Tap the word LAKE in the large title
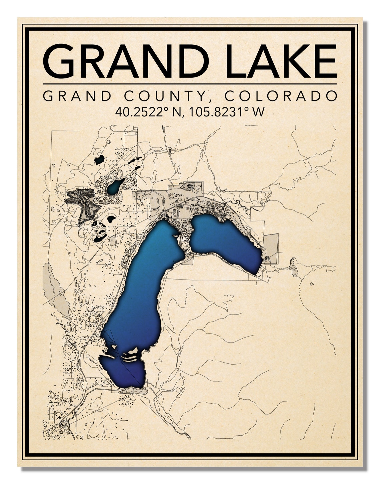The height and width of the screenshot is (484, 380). tap(281, 61)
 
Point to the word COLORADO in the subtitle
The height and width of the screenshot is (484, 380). tap(281, 96)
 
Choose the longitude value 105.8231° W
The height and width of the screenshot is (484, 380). tap(227, 112)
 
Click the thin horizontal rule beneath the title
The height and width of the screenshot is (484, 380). tap(190, 84)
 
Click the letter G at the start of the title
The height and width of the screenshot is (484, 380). tap(60, 61)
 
